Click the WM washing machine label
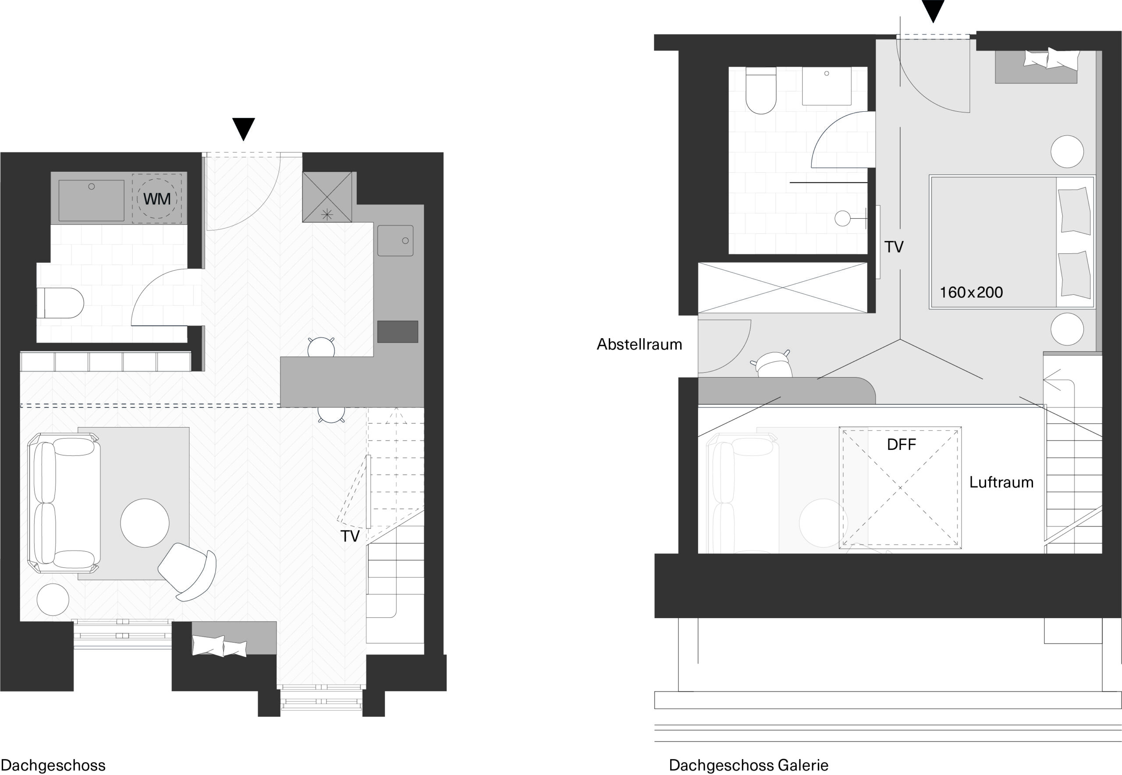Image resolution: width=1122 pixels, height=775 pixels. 156,199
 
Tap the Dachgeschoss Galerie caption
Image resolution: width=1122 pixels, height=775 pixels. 749,765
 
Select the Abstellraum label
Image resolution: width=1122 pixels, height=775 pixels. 639,344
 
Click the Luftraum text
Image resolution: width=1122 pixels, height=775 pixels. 1001,482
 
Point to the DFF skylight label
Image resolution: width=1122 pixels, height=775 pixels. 901,444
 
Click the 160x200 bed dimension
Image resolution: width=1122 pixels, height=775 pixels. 971,292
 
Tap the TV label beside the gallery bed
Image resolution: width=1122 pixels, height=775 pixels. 894,247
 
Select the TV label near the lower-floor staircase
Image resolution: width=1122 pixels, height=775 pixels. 350,536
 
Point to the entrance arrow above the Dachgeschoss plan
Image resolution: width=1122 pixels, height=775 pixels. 243,129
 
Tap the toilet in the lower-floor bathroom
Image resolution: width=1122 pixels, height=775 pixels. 60,303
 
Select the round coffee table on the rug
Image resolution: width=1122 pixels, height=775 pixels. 145,523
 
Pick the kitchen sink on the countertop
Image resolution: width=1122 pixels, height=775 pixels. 395,241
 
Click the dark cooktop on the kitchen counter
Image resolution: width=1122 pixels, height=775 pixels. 398,331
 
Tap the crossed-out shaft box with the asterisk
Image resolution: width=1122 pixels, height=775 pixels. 327,197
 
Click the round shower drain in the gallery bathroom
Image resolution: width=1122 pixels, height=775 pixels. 842,219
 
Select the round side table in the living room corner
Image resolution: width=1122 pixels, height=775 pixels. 53,599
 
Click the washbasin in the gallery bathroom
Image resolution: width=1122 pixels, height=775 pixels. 826,86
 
